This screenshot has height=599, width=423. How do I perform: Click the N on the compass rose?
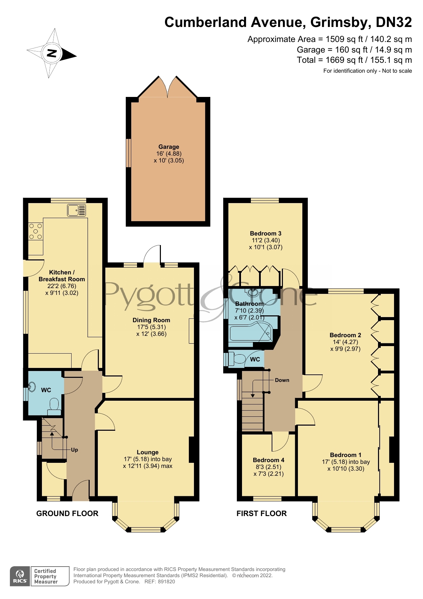pyautogui.click(x=52, y=53)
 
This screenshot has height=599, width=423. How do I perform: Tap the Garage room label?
pyautogui.click(x=168, y=147)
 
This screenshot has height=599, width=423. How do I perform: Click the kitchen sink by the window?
pyautogui.click(x=77, y=210)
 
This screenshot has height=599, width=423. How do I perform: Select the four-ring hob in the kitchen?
pyautogui.click(x=35, y=231)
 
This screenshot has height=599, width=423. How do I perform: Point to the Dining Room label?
pyautogui.click(x=151, y=320)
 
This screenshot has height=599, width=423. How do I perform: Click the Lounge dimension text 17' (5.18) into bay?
pyautogui.click(x=148, y=459)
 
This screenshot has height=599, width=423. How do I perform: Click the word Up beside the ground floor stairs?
pyautogui.click(x=74, y=450)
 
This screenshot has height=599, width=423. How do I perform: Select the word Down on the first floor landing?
pyautogui.click(x=282, y=380)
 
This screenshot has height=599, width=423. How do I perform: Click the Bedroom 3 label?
pyautogui.click(x=266, y=233)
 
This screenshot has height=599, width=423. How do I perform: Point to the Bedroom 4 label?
pyautogui.click(x=269, y=460)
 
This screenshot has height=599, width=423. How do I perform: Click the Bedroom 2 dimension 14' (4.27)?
pyautogui.click(x=345, y=342)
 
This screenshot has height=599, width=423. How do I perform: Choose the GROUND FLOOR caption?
pyautogui.click(x=67, y=513)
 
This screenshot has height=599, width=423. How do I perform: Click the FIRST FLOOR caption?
pyautogui.click(x=261, y=513)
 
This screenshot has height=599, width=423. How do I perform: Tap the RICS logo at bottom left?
pyautogui.click(x=20, y=576)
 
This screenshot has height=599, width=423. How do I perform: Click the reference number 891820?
pyautogui.click(x=166, y=582)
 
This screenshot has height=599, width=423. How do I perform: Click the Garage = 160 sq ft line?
pyautogui.click(x=354, y=50)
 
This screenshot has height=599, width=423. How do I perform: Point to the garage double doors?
pyautogui.click(x=168, y=88)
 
